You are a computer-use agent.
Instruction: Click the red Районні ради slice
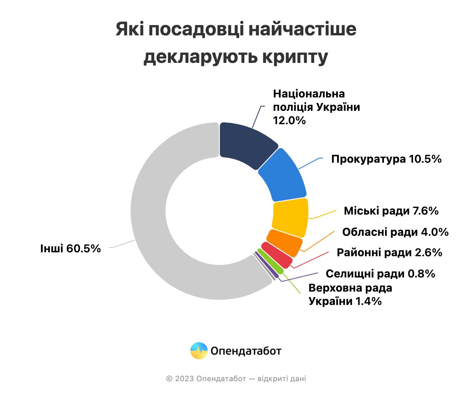click(x=277, y=255)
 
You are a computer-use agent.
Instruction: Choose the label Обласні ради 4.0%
click(x=395, y=232)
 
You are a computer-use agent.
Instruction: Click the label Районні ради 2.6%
click(x=389, y=252)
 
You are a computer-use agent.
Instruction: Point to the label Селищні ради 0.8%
click(x=380, y=274)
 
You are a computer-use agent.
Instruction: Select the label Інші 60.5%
click(x=70, y=248)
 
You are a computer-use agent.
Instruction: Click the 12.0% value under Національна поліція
click(x=289, y=120)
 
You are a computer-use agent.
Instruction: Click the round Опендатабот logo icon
click(x=199, y=351)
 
